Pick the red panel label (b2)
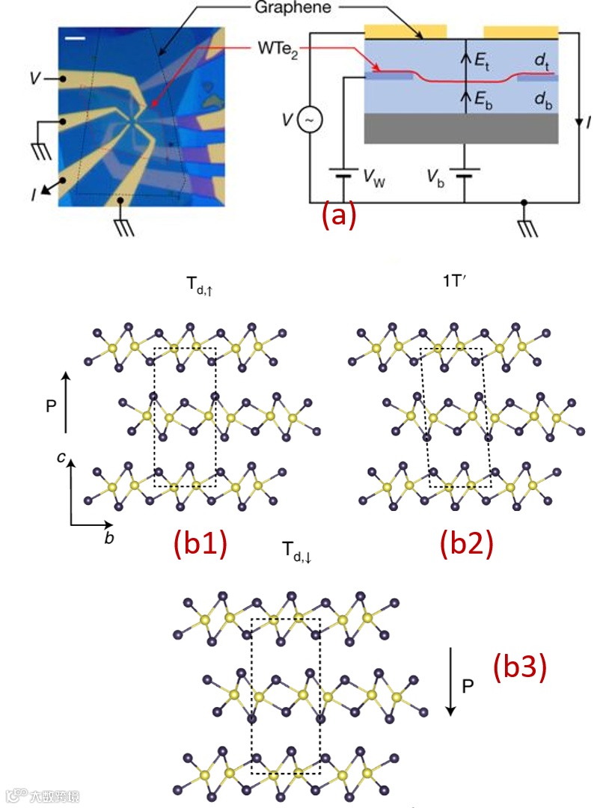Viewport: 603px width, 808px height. point(468,543)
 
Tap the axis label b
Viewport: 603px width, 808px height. point(109,537)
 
